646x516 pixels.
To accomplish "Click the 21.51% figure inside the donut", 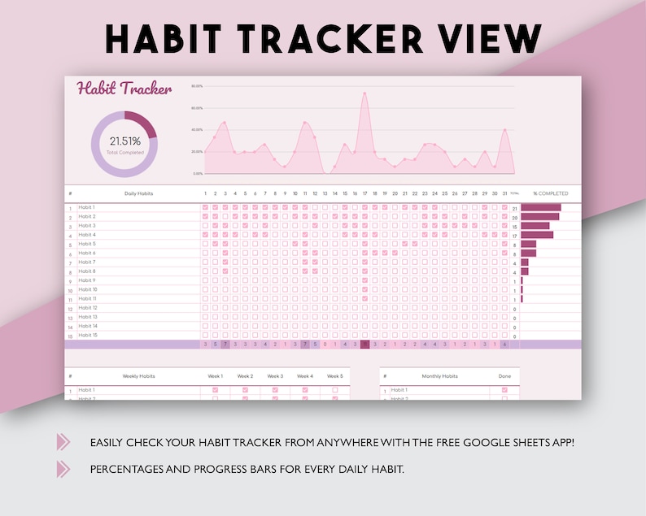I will click(x=124, y=141).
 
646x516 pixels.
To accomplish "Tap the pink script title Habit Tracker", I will click(x=124, y=89).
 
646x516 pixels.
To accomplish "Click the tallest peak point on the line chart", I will click(x=364, y=93).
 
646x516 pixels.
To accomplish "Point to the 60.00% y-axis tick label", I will click(x=196, y=107).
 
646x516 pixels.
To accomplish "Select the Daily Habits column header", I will click(x=138, y=193).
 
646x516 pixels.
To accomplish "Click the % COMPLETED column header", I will click(x=551, y=193).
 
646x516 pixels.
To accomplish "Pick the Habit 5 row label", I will click(x=87, y=244).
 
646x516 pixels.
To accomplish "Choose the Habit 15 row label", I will click(x=88, y=335).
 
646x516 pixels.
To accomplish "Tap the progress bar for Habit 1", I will click(x=541, y=207).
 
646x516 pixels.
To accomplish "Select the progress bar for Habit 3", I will click(x=535, y=226).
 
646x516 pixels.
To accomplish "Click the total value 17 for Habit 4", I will click(x=514, y=236).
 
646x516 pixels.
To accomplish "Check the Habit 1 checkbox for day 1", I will click(x=205, y=207).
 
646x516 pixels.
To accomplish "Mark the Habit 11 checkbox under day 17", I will click(x=364, y=298).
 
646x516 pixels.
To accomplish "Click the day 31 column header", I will click(x=504, y=193).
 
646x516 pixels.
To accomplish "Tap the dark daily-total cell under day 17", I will click(x=364, y=345).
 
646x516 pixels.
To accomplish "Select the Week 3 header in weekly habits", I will click(x=275, y=376).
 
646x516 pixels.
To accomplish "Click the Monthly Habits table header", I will click(x=439, y=376).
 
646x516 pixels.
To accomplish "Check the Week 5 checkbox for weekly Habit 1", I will click(x=334, y=390).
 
